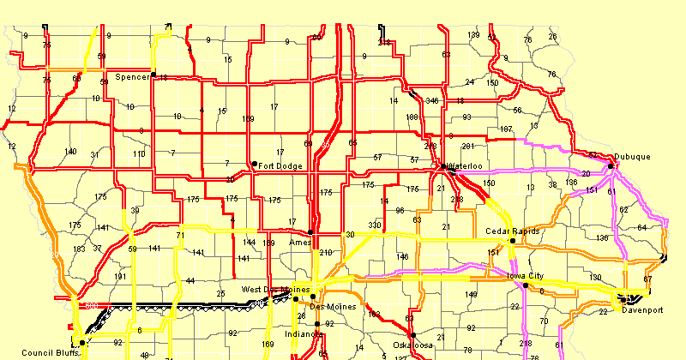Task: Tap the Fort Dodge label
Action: [279, 165]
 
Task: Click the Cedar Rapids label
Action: [512, 231]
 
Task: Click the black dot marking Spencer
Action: [153, 75]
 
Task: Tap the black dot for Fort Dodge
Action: [254, 164]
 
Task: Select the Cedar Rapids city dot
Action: [513, 241]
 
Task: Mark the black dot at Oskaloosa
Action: [412, 335]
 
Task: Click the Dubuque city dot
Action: [611, 166]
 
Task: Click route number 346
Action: [431, 101]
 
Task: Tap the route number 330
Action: [374, 225]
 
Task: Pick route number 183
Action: [79, 249]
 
